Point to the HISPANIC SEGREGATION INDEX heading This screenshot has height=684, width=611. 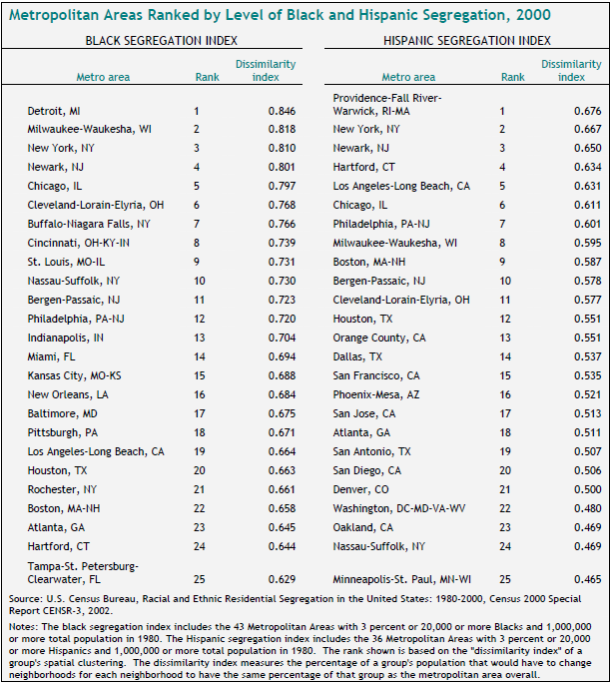pos(465,41)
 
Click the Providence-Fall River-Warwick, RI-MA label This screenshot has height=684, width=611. pos(386,104)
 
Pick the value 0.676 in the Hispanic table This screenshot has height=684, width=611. pos(586,110)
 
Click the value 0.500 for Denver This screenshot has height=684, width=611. pos(586,489)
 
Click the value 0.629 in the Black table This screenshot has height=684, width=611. pos(281,578)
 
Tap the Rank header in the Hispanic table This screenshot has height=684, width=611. pos(512,77)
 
